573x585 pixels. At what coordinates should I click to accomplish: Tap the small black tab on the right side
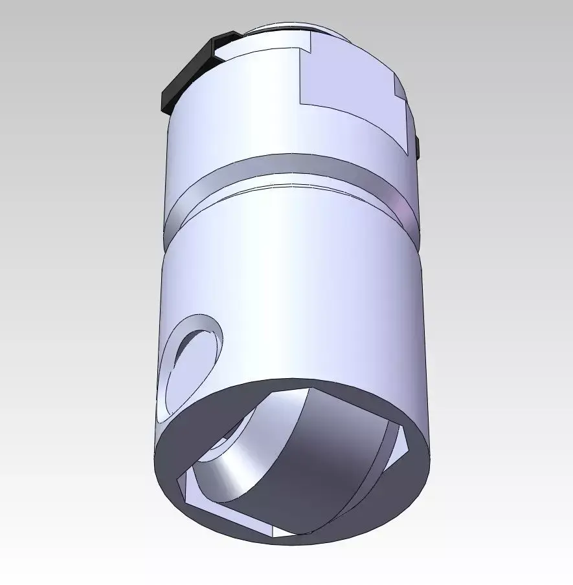418,147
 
